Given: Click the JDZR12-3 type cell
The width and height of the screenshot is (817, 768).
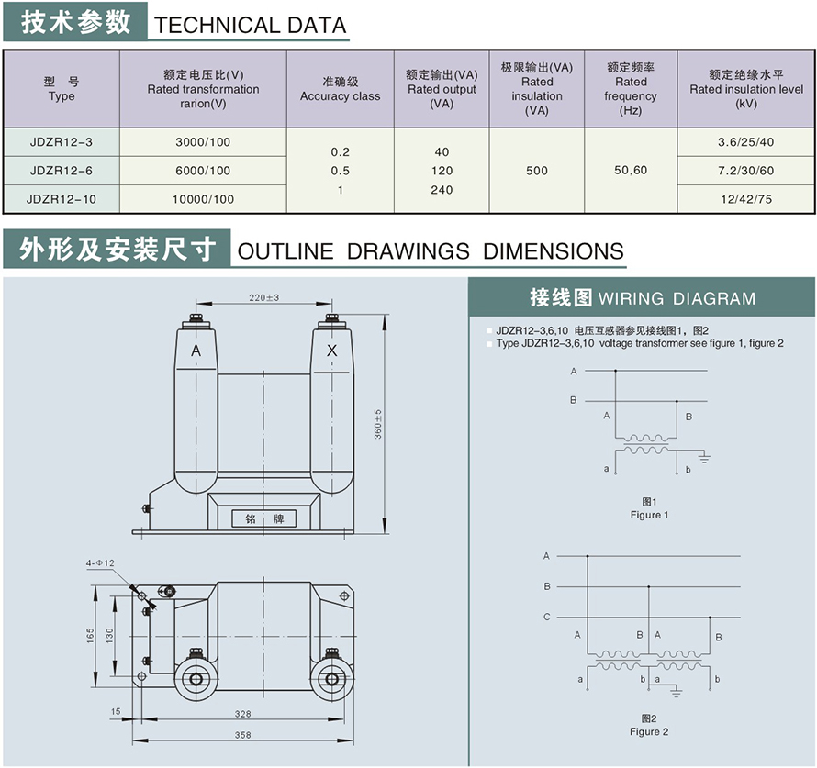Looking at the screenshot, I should click(x=62, y=141).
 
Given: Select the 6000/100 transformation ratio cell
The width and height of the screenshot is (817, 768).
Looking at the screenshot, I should click(x=203, y=171).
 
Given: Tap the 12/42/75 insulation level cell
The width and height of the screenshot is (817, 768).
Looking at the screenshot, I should click(x=745, y=199).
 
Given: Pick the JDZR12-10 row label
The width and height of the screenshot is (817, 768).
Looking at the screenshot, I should click(x=62, y=199).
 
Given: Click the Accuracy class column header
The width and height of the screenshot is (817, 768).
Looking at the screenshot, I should click(x=340, y=89).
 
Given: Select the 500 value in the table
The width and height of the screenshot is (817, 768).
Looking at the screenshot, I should click(x=537, y=171).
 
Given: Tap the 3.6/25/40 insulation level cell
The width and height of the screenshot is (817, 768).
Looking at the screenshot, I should click(x=745, y=141).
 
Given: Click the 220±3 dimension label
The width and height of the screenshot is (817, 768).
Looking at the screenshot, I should click(x=263, y=297).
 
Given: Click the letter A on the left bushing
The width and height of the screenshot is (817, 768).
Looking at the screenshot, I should click(x=196, y=351).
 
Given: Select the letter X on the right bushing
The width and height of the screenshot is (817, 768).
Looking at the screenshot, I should click(x=331, y=351).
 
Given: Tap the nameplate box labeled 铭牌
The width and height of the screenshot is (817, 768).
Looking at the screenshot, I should click(x=264, y=518).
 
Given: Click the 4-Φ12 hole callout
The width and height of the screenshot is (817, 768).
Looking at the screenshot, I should click(x=100, y=562).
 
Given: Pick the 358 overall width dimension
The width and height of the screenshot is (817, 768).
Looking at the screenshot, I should click(x=243, y=735).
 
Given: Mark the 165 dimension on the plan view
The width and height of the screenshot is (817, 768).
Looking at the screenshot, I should click(x=91, y=635).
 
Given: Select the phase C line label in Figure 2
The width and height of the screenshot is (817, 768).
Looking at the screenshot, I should click(x=547, y=617).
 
